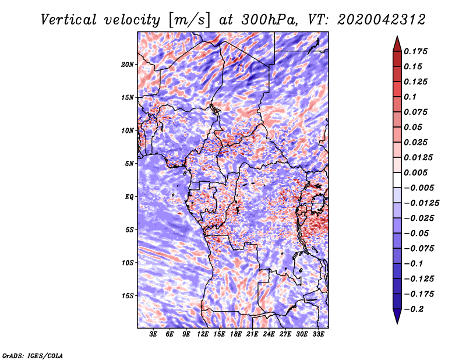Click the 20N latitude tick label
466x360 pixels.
(128, 64)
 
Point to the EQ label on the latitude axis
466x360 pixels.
(129, 197)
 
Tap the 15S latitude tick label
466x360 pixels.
(128, 296)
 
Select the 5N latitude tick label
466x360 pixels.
(129, 164)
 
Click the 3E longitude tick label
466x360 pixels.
(153, 334)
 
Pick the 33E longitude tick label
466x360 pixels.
(319, 334)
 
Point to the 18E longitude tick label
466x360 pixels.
(236, 334)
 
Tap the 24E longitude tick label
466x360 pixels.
(269, 334)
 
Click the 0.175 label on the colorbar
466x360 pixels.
(417, 51)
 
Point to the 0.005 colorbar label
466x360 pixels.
(417, 172)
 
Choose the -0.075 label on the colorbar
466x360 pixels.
(419, 248)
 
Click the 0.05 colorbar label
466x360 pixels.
(414, 127)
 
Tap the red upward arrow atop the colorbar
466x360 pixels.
(396, 43)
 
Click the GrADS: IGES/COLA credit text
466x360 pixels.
(33, 355)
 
